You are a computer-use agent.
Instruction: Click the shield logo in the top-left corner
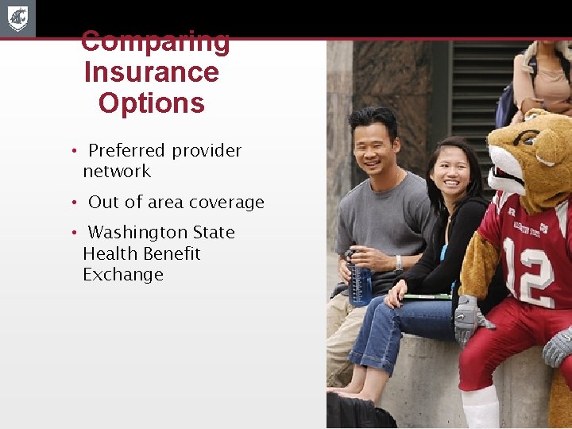click(x=17, y=18)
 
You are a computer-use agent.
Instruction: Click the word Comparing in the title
click(x=156, y=41)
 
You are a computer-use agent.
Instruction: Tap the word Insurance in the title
click(x=151, y=72)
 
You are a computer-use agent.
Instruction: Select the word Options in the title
click(x=151, y=103)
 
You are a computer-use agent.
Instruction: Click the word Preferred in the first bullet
click(x=127, y=151)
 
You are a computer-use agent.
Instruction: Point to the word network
click(x=117, y=172)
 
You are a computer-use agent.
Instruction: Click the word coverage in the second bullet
click(x=226, y=203)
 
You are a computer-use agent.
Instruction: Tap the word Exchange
click(x=123, y=275)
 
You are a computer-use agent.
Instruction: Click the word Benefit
click(x=171, y=254)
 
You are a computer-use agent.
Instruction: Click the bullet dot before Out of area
click(x=72, y=203)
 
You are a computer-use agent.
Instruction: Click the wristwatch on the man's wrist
click(x=399, y=262)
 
